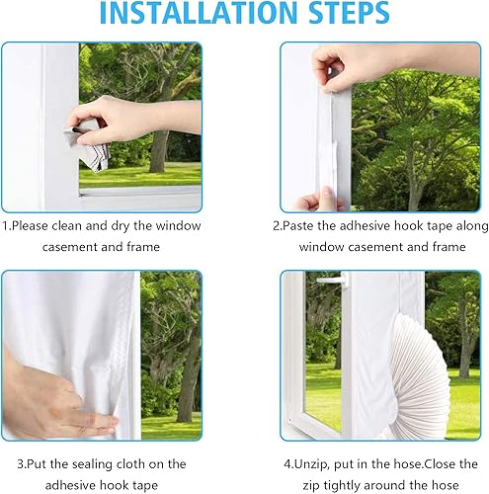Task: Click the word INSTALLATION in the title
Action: coord(199,12)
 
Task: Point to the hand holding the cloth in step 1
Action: coord(131,119)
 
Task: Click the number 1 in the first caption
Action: coord(5,226)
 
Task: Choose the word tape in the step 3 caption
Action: coord(145,486)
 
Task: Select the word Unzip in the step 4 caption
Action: coord(311,464)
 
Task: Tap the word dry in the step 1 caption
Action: coord(121,227)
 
